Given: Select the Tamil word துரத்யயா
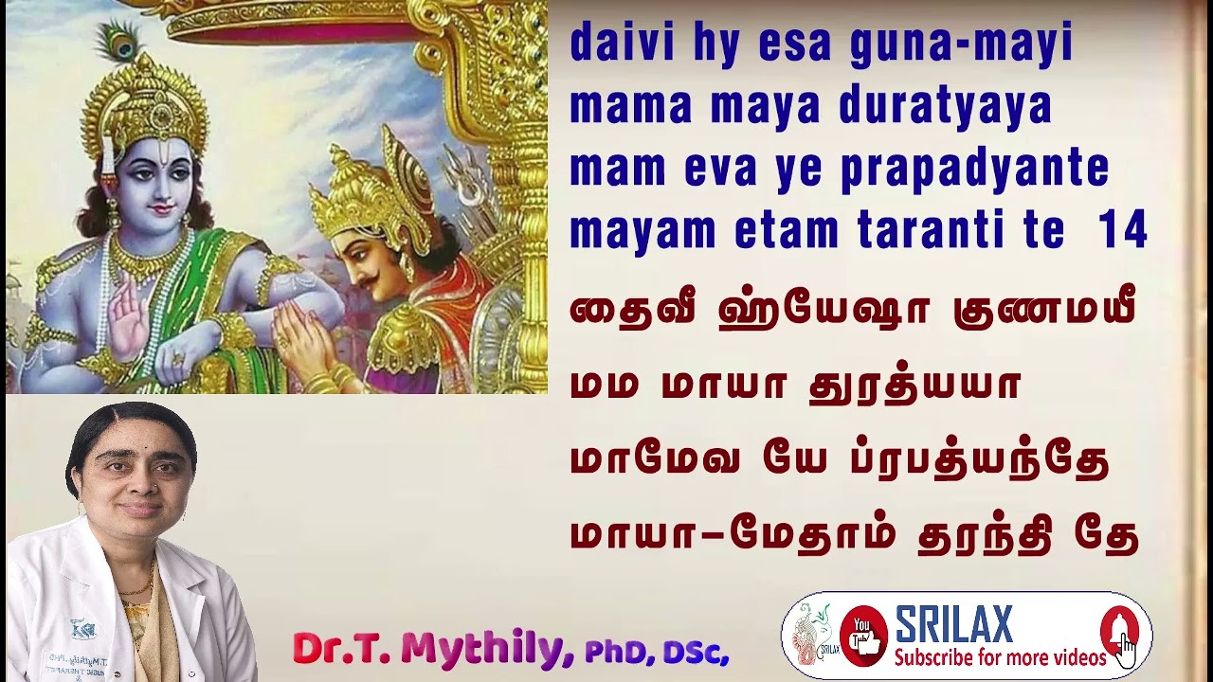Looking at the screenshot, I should [x=914, y=386].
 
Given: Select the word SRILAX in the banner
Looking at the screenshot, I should [x=953, y=624].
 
